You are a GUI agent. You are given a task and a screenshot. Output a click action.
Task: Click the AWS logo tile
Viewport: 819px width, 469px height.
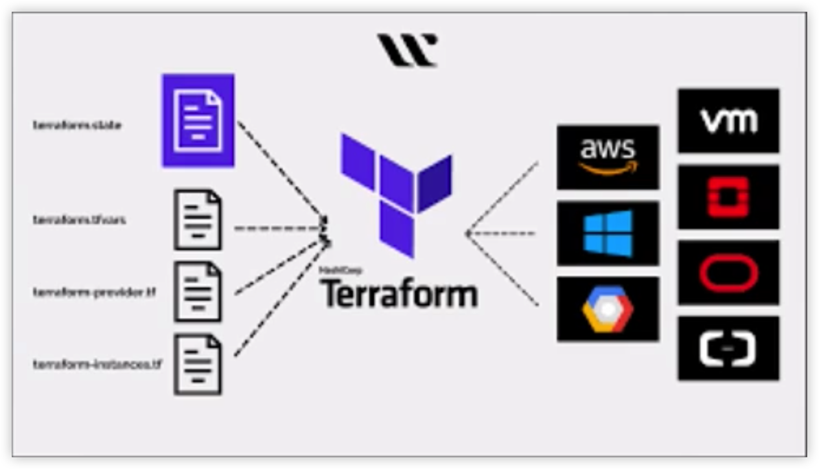click(607, 157)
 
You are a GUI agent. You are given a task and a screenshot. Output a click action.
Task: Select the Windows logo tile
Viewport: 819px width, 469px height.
click(607, 233)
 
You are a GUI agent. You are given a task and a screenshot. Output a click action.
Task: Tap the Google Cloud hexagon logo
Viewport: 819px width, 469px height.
click(607, 309)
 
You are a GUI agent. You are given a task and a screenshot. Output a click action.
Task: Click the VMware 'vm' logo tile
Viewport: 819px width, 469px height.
click(728, 120)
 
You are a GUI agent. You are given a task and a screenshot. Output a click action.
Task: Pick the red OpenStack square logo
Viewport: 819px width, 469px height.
click(728, 196)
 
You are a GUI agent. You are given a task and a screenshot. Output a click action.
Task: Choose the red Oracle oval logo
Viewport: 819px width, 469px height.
click(728, 273)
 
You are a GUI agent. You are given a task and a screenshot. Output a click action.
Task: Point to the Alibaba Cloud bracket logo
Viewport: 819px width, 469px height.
click(728, 349)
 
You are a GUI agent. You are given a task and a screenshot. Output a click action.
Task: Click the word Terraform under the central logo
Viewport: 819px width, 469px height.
click(400, 294)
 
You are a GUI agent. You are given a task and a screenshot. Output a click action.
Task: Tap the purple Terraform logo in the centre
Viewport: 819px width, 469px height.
click(396, 193)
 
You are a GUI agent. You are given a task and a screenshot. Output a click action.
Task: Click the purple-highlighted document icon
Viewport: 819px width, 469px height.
click(198, 120)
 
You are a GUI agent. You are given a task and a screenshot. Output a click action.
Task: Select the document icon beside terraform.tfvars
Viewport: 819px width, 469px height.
click(198, 220)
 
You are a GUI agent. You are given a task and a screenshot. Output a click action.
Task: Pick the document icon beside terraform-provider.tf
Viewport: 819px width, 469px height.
click(198, 292)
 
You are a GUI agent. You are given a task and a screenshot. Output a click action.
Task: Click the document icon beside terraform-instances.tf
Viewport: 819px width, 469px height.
click(198, 364)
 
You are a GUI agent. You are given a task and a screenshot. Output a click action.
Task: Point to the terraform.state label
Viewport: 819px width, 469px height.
click(77, 125)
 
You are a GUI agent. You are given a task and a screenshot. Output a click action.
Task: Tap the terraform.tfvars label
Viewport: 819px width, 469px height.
click(79, 220)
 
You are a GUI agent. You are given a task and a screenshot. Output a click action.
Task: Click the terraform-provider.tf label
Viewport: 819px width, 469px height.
click(95, 292)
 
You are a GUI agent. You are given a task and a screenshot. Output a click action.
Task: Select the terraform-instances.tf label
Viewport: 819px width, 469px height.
click(97, 365)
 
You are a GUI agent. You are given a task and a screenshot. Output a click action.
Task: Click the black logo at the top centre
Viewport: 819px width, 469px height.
click(408, 50)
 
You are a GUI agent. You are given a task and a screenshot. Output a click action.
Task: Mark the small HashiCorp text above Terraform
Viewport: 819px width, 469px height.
click(340, 269)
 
